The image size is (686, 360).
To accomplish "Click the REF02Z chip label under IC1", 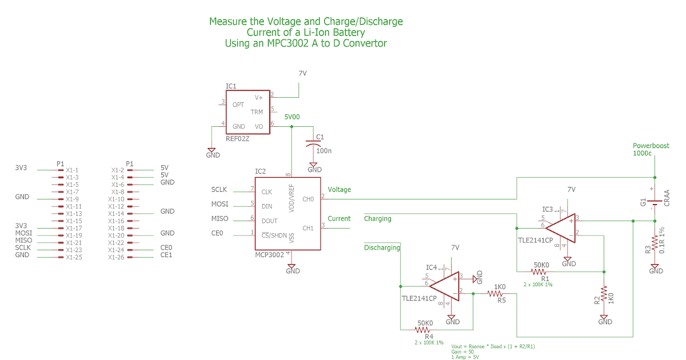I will (238, 138).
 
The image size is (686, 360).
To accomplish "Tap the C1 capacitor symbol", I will (313, 144).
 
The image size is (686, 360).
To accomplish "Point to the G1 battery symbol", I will (655, 201).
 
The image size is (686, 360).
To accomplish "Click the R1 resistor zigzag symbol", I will (541, 271).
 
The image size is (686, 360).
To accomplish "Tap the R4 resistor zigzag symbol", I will (424, 330).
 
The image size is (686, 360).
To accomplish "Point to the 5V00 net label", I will (292, 117).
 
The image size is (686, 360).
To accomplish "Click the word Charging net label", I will (377, 218).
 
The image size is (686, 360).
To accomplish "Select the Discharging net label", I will (382, 247).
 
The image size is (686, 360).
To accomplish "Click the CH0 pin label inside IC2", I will (308, 199).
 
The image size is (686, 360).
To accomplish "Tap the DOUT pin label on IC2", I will (269, 221).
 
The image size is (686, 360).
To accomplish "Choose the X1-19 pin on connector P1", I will (74, 235).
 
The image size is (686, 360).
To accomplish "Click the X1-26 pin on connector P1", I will (116, 257).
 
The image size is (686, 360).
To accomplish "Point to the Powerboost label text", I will (651, 146).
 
